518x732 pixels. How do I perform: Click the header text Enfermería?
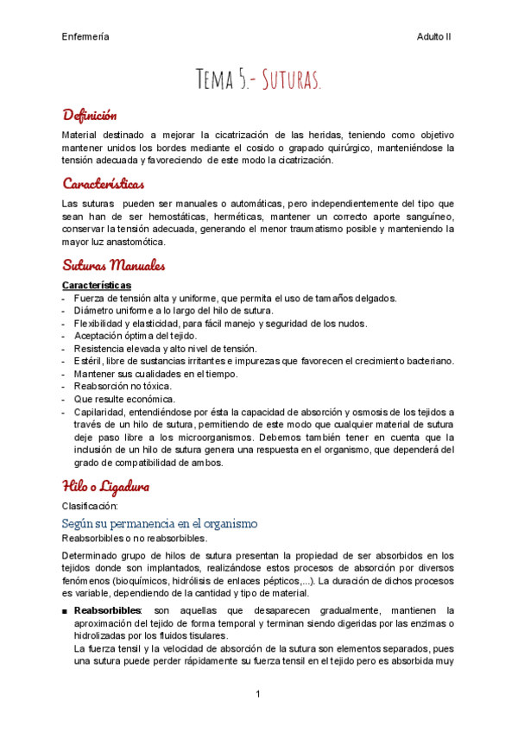point(85,37)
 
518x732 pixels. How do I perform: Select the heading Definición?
point(90,115)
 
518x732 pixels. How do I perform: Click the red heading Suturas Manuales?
point(114,265)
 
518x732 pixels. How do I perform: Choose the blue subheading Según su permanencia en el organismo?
point(160,524)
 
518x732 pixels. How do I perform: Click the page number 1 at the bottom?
point(258,694)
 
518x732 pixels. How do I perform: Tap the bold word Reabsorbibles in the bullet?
point(109,610)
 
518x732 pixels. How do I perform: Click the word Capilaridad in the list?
point(102,413)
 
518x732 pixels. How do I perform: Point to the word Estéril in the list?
point(89,361)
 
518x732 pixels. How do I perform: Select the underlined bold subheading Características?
point(97,285)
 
